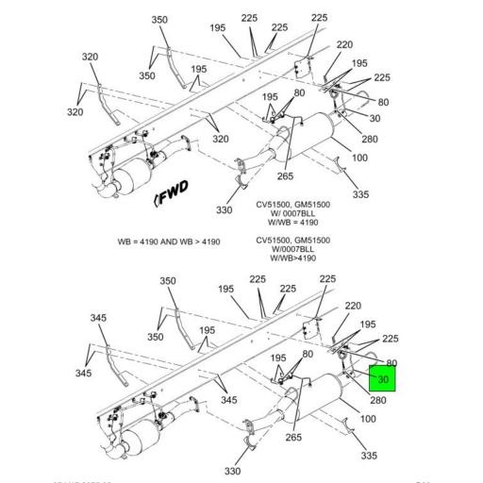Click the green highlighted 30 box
point(382,379)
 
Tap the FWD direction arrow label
point(171,194)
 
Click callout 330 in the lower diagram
point(233,471)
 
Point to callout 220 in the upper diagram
point(343,44)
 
